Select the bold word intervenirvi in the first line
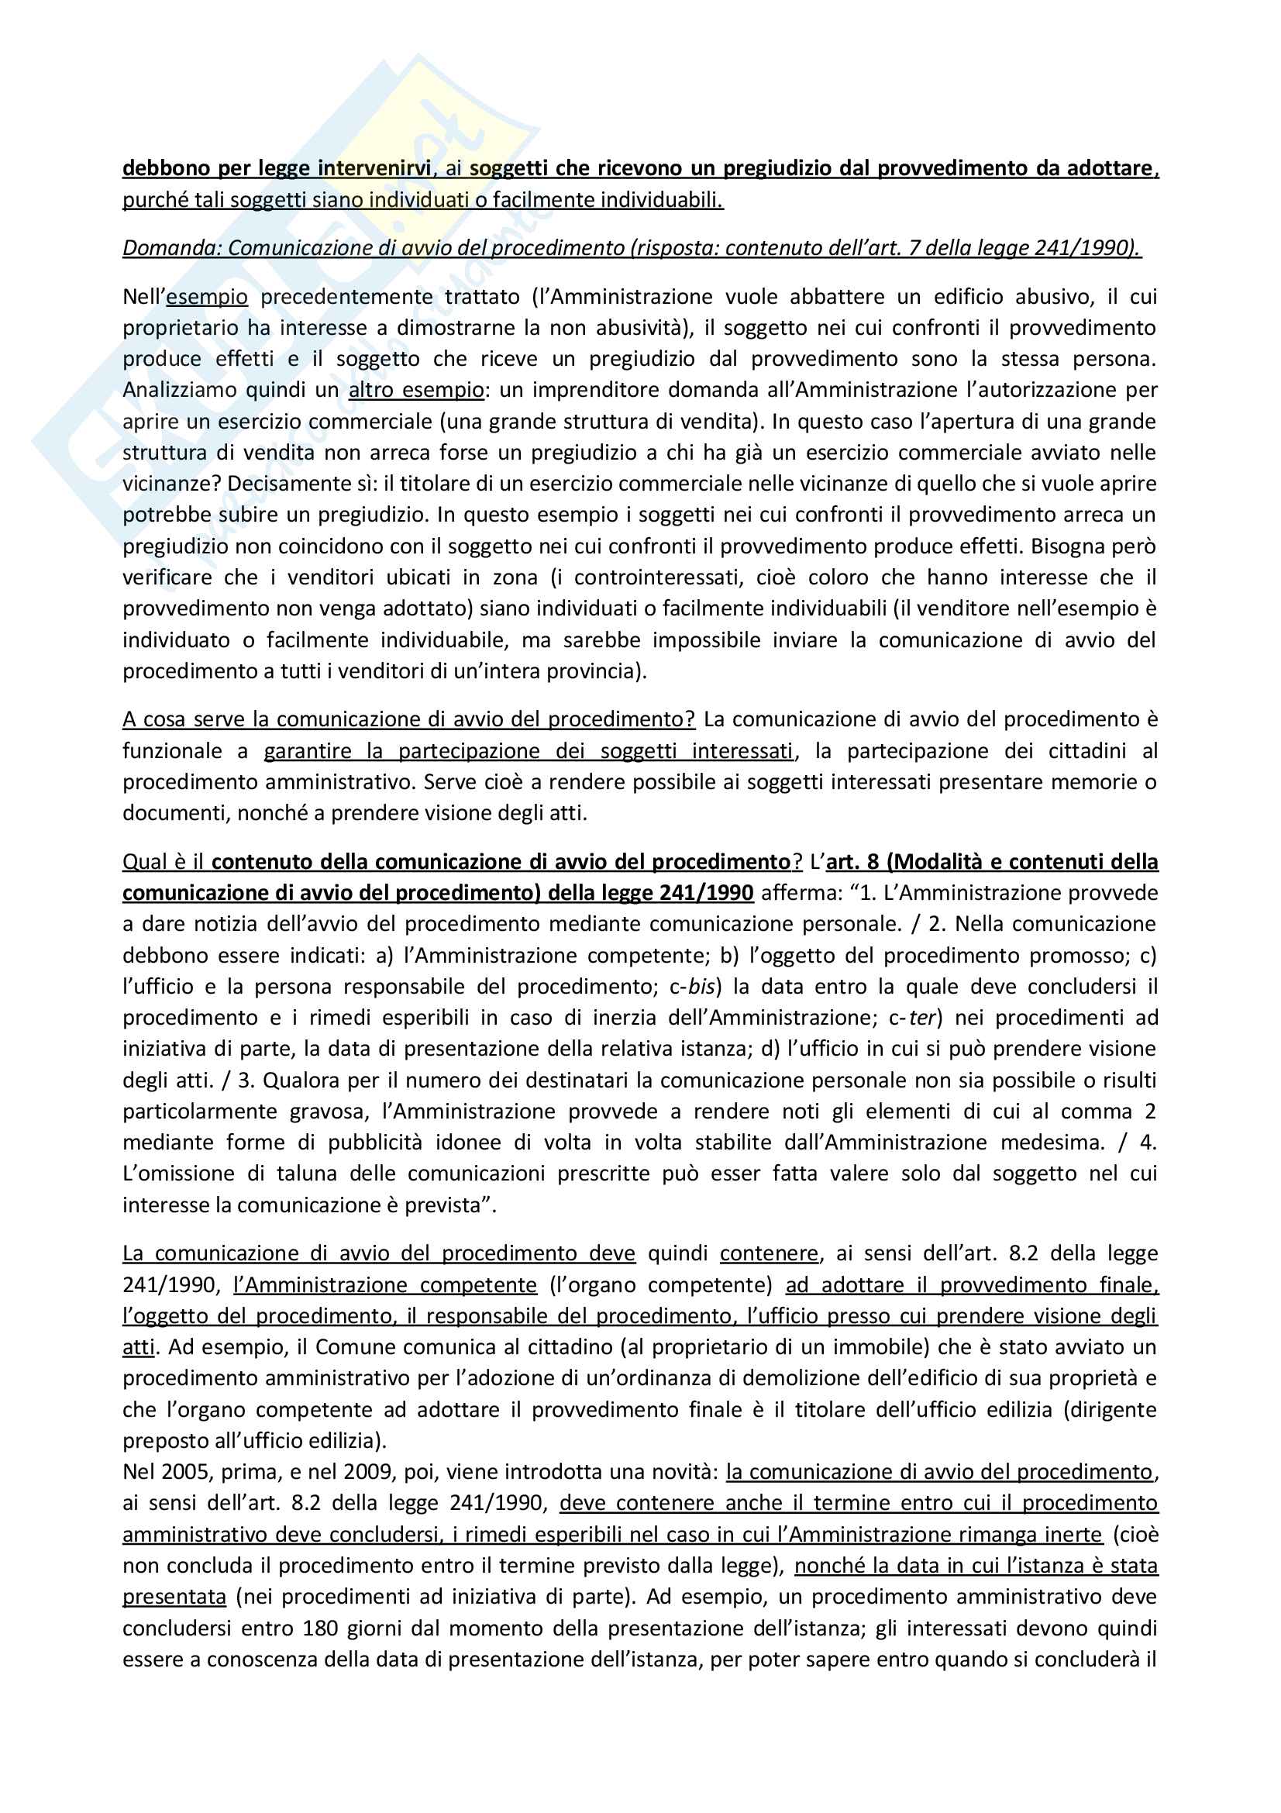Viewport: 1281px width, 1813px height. click(x=374, y=168)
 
